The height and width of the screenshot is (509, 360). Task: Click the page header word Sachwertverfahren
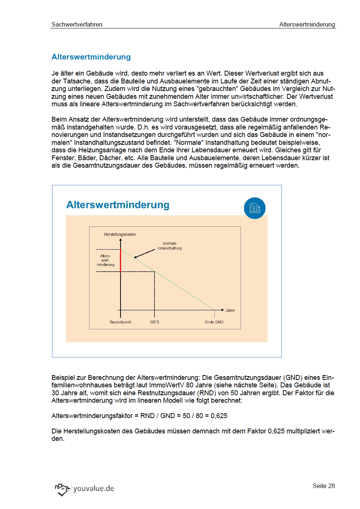point(77,24)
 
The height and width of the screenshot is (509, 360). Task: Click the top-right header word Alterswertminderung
point(307,24)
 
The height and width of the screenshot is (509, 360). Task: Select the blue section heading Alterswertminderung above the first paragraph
point(91,57)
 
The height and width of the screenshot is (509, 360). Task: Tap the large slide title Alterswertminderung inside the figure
point(118,205)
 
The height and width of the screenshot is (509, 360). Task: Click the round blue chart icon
point(254,208)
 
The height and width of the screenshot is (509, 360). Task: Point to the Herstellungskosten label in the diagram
point(120,234)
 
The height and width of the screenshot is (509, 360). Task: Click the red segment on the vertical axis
point(120,260)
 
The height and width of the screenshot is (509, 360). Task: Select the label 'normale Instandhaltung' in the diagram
point(170,246)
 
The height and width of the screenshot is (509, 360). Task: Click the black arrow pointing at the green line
point(144,254)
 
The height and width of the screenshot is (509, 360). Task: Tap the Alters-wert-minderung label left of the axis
point(106,260)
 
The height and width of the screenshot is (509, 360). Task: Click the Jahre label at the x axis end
point(230,310)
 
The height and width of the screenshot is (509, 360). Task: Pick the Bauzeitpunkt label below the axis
point(120,322)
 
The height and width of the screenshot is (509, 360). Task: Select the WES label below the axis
point(155,322)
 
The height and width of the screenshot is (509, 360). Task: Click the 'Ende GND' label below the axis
point(214,322)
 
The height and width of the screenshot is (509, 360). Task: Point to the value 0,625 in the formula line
point(219,416)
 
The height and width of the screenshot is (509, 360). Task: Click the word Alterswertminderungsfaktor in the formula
point(92,416)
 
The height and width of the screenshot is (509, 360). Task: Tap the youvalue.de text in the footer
point(94,488)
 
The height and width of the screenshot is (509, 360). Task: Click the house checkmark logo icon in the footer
point(62,489)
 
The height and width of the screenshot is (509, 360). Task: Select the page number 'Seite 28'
point(324,486)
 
